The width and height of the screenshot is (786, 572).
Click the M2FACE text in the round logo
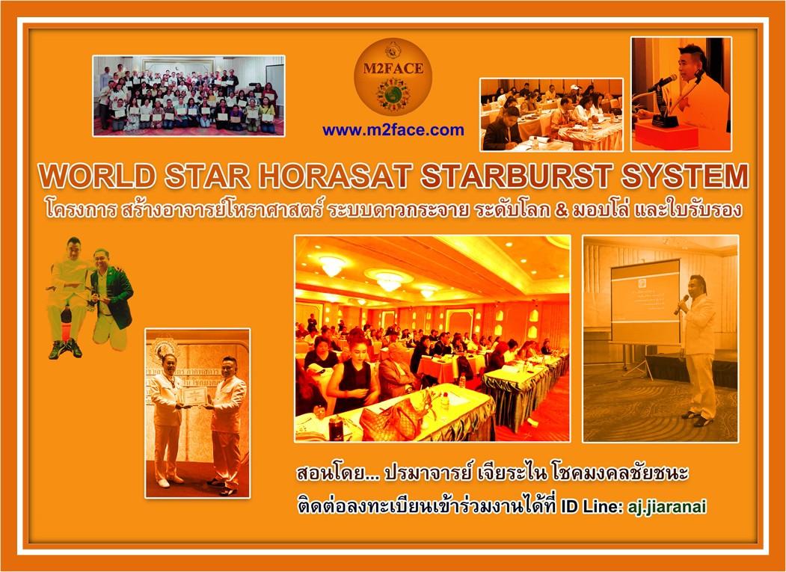coord(393,69)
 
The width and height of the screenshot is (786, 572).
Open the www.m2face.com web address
coord(393,130)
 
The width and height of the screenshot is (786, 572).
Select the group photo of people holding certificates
coord(188,95)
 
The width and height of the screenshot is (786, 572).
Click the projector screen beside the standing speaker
coord(645,302)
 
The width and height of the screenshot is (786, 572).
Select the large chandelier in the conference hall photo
coord(388,279)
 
